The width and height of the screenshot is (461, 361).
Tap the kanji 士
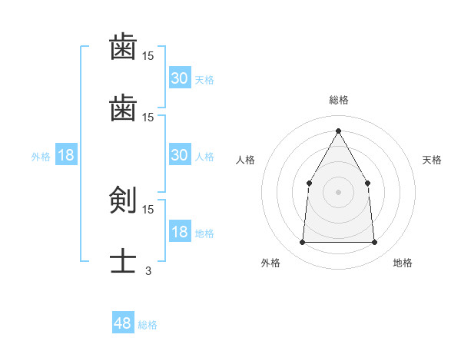tap(123, 260)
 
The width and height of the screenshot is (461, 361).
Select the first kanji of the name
tap(123, 48)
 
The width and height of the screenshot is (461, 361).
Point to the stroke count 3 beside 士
tap(148, 270)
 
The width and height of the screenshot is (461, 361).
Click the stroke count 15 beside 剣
tap(148, 209)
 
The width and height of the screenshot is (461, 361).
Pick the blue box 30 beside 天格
tap(180, 78)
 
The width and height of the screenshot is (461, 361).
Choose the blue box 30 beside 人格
tap(180, 155)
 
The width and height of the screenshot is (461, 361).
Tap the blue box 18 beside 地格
tap(180, 232)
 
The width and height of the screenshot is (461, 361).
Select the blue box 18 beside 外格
tap(66, 155)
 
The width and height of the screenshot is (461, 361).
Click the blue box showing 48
tap(123, 323)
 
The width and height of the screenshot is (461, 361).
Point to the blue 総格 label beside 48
tap(148, 325)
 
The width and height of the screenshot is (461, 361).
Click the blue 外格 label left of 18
tap(41, 157)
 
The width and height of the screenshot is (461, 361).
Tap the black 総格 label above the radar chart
tap(338, 100)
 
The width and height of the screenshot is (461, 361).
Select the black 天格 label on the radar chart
tap(433, 160)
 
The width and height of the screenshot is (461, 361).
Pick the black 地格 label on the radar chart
tap(403, 263)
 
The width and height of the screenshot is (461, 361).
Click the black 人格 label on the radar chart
tap(245, 160)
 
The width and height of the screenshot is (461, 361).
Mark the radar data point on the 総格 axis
tap(338, 131)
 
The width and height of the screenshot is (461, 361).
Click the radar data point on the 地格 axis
tap(375, 243)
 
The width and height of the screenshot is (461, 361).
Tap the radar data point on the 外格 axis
tap(302, 243)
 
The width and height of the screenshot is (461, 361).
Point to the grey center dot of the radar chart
tap(338, 192)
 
